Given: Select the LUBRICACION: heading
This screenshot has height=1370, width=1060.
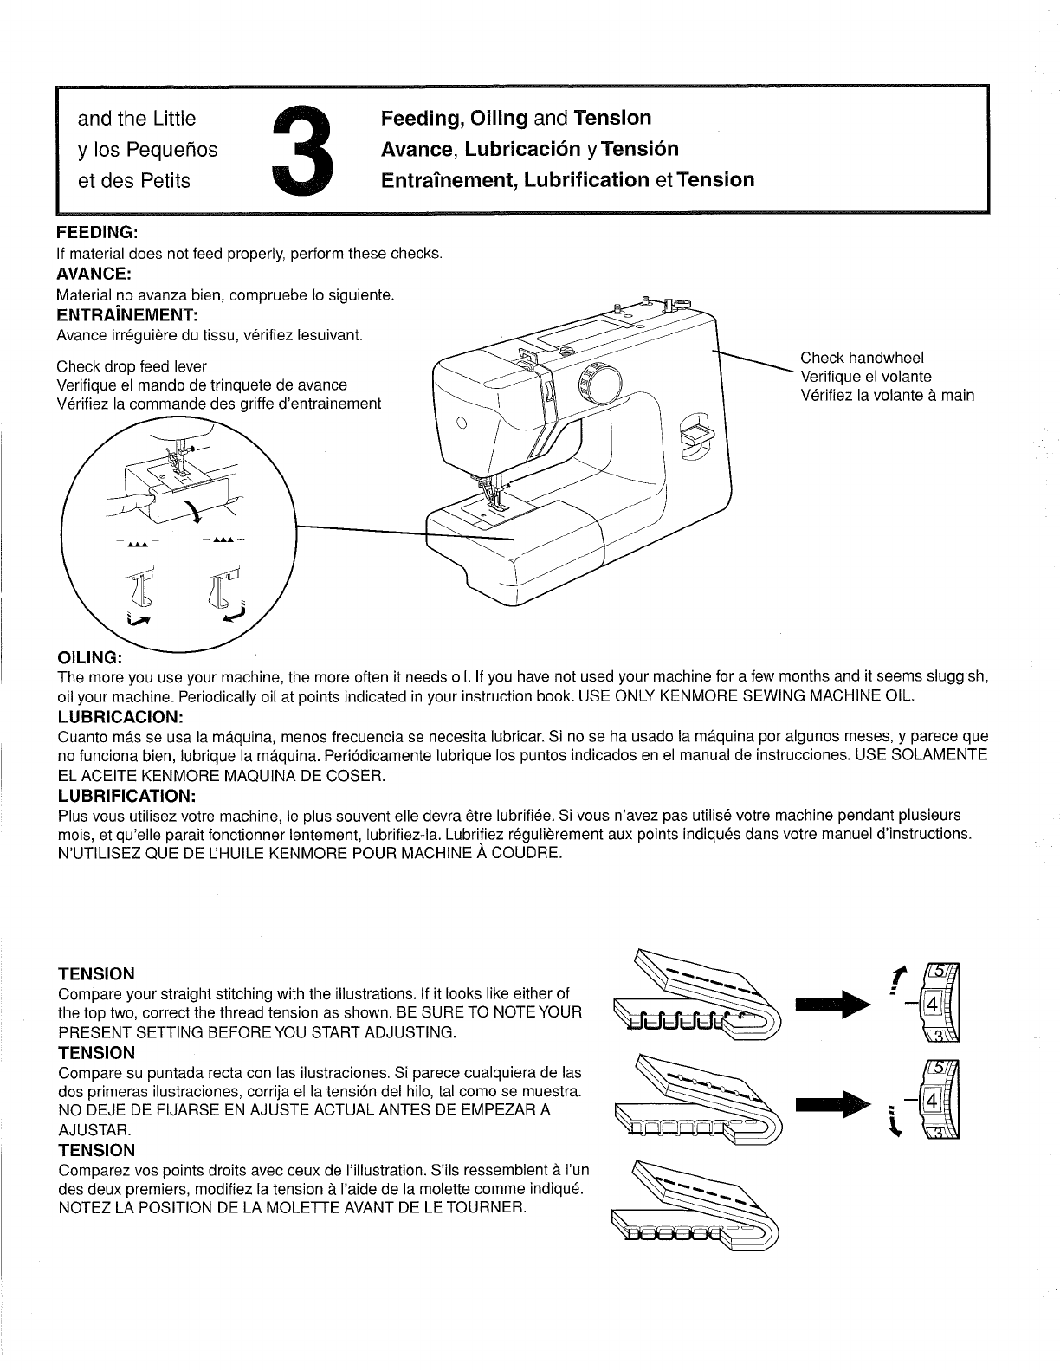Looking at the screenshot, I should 120,717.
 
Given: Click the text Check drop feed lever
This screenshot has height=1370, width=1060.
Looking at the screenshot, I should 132,366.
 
